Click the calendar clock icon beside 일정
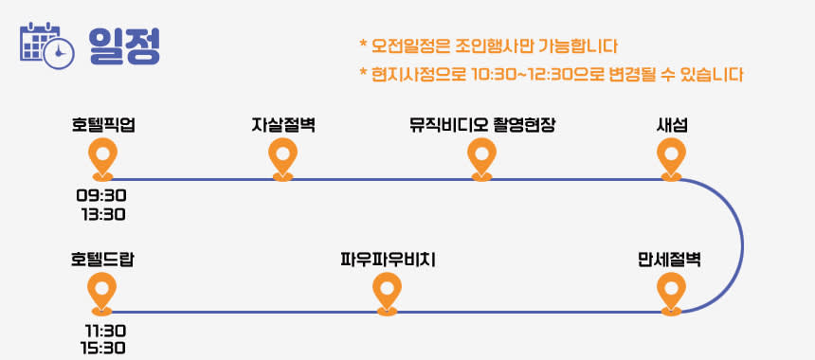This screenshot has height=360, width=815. click(x=46, y=45)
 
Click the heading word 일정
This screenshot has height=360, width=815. click(x=124, y=45)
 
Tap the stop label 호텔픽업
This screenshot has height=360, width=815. click(x=103, y=125)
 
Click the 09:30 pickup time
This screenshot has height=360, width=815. click(x=102, y=196)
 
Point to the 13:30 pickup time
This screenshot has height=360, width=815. click(x=103, y=214)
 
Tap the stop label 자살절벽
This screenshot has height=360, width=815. click(x=282, y=125)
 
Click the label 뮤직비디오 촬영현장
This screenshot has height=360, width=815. click(x=481, y=125)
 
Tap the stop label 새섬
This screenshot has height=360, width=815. click(x=672, y=125)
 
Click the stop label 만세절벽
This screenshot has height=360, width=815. click(x=669, y=260)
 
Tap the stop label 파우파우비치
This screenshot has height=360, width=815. click(x=388, y=260)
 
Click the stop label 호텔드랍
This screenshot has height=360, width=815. click(x=102, y=260)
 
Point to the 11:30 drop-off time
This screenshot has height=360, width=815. click(x=105, y=331)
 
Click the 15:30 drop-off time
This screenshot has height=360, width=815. click(x=103, y=348)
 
